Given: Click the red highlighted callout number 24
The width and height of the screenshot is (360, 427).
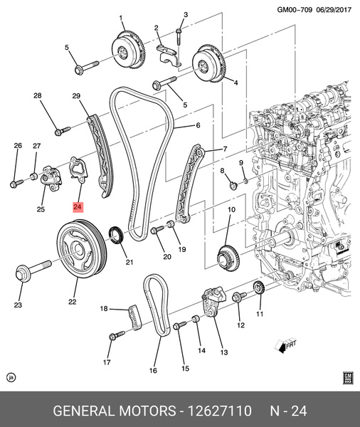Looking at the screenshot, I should (x=78, y=207).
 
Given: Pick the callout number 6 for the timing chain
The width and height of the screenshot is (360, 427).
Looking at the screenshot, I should (x=198, y=125).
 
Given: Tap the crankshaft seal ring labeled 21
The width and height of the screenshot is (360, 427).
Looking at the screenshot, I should (x=117, y=234).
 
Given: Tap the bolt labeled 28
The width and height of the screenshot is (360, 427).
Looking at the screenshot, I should (x=60, y=130).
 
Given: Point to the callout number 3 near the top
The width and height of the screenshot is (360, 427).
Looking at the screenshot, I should (x=185, y=14).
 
